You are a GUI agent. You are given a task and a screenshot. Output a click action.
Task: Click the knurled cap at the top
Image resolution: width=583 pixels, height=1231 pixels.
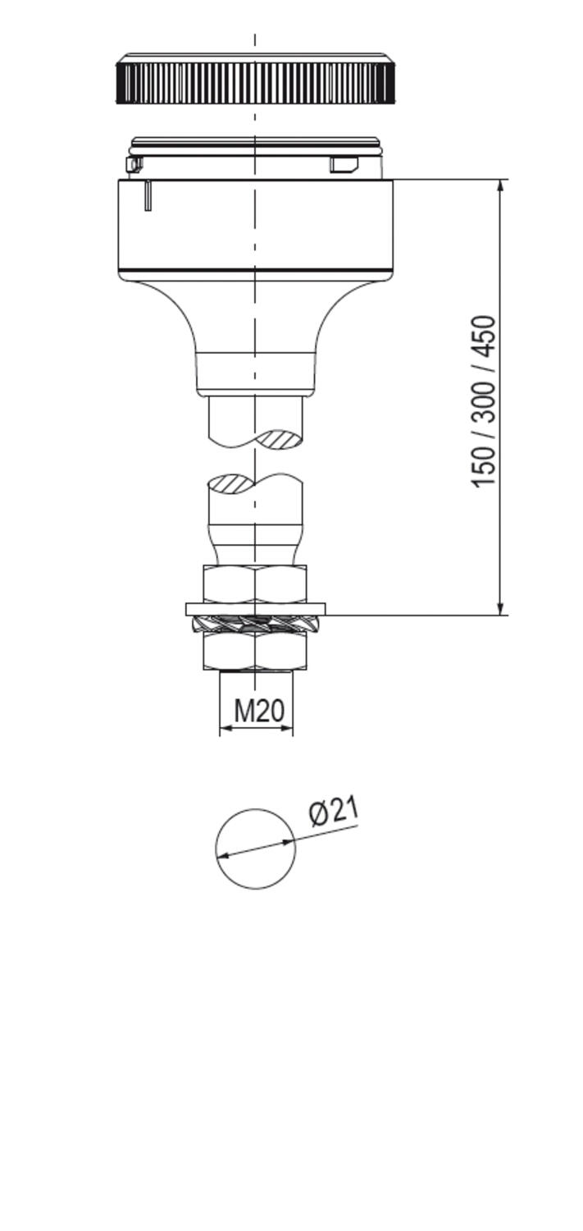(x=255, y=80)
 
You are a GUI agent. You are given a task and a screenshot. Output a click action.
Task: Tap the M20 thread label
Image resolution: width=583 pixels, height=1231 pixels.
(x=259, y=711)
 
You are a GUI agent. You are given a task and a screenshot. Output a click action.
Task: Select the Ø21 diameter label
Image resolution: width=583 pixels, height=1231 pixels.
(x=335, y=811)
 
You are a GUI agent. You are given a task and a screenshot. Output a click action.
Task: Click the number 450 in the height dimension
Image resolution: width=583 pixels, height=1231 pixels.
(x=484, y=337)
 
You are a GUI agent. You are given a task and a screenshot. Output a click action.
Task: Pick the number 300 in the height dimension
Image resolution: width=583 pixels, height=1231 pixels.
(x=484, y=400)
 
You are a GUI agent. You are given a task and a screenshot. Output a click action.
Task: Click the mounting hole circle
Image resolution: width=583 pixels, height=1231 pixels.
(x=255, y=849)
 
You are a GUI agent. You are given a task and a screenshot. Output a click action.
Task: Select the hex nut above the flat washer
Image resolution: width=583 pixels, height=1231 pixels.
(x=255, y=583)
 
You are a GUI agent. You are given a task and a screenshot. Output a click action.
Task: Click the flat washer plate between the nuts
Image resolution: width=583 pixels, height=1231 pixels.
(x=255, y=609)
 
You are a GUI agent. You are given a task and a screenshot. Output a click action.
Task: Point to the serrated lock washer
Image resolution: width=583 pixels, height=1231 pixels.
(x=255, y=624)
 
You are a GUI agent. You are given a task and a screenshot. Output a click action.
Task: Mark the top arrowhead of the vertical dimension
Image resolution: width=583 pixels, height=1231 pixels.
(x=500, y=185)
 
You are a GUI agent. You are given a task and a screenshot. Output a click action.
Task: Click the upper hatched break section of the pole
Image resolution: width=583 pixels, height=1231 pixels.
(x=280, y=440)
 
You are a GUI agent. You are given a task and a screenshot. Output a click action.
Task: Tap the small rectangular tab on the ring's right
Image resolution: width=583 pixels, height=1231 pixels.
(x=344, y=165)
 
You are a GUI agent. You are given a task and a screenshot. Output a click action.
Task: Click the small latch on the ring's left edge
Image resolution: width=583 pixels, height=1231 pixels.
(x=134, y=165)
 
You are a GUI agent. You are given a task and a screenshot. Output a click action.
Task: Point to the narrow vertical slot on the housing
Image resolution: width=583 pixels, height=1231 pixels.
(x=148, y=195)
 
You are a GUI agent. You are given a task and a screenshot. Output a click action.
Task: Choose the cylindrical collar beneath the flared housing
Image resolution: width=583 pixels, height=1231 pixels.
(x=255, y=373)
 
